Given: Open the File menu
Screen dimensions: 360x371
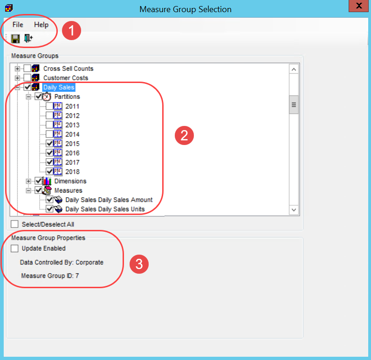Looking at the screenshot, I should coord(18,24).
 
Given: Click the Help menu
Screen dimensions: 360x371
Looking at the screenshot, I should coord(41,24).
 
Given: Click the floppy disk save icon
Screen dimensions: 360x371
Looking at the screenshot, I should coord(15,38).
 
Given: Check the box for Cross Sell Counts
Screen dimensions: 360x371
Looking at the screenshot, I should coord(27,69).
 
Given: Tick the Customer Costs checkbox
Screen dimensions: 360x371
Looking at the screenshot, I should coord(27,78).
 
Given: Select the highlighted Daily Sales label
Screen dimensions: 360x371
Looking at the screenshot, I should coord(58,87).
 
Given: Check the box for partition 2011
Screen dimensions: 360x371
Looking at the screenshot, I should coord(49,106).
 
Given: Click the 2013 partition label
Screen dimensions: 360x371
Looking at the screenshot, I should coord(72,125).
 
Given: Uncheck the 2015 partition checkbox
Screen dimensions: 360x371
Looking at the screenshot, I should coord(49,144).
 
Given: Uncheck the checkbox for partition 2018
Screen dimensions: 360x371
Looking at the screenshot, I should coord(49,172).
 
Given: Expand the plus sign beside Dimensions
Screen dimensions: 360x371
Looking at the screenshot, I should coord(28,181).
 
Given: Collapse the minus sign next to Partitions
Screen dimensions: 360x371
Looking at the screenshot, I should coord(28,97).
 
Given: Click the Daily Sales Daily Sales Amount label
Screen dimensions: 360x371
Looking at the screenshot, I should coord(109,200).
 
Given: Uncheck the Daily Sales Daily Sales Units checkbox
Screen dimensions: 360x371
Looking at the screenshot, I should coord(49,209).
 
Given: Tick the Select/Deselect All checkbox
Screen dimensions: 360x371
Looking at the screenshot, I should coord(15,224).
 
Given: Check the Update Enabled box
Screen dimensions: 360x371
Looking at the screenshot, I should coord(15,249).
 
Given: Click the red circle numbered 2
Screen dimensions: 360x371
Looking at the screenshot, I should coord(184,135).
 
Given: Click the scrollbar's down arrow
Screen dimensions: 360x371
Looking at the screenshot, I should coord(294,210).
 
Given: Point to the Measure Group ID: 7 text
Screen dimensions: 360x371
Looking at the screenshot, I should coord(50,276).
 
